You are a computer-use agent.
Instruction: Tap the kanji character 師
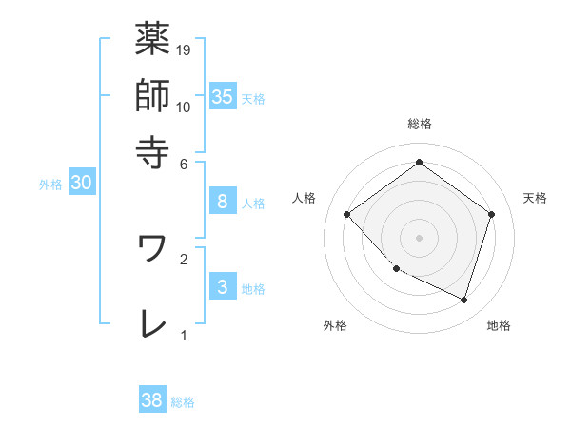click(152, 95)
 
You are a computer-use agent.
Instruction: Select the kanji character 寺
click(152, 151)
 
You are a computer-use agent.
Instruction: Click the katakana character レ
click(152, 323)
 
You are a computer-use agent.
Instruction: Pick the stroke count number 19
click(184, 49)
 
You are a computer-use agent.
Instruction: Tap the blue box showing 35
click(222, 96)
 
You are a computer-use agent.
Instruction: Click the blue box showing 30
click(81, 184)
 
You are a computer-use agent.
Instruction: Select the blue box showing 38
click(152, 400)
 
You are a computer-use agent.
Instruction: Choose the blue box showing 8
click(222, 202)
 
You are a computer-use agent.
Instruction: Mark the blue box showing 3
click(222, 287)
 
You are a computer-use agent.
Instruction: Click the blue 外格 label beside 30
click(50, 185)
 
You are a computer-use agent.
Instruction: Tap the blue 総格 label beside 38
click(183, 402)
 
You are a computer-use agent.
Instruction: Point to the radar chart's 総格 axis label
click(419, 124)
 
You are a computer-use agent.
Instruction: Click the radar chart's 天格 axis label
click(535, 198)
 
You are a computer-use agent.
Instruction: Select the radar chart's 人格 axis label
click(304, 198)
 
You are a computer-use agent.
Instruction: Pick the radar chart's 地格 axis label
click(499, 325)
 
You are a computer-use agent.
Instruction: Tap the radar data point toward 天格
click(491, 214)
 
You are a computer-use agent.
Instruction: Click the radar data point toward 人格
click(347, 214)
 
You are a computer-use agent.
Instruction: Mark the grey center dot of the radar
click(419, 237)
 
